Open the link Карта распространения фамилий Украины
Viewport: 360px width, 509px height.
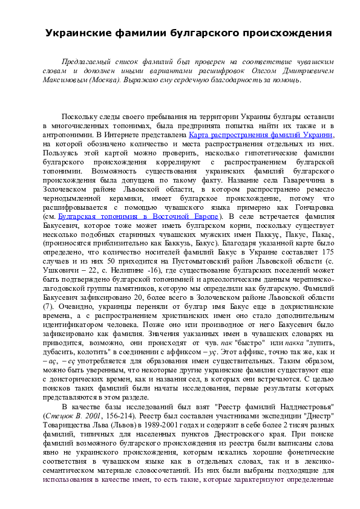(261, 136)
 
